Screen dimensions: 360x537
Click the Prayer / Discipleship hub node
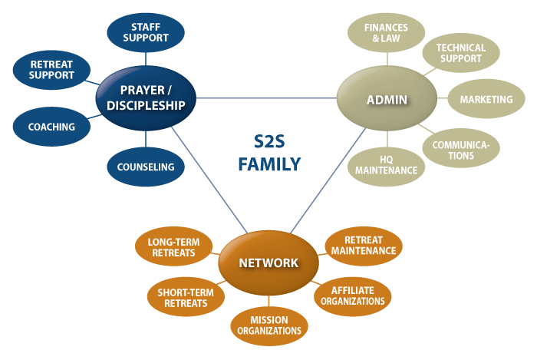coord(146,98)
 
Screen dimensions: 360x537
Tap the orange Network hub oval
coord(268,263)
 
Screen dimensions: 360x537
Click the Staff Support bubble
coord(145,31)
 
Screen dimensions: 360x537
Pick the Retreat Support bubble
coord(52,70)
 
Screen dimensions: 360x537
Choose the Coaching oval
coord(51,127)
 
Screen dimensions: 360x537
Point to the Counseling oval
coord(145,167)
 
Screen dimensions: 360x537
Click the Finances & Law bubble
coord(386,33)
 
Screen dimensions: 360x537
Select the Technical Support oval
coord(460,53)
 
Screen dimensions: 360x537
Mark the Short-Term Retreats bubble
coord(183,297)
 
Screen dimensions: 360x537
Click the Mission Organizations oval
coord(268,325)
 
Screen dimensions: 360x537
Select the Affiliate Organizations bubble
coord(353,296)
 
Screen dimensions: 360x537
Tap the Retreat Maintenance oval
coord(364,245)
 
